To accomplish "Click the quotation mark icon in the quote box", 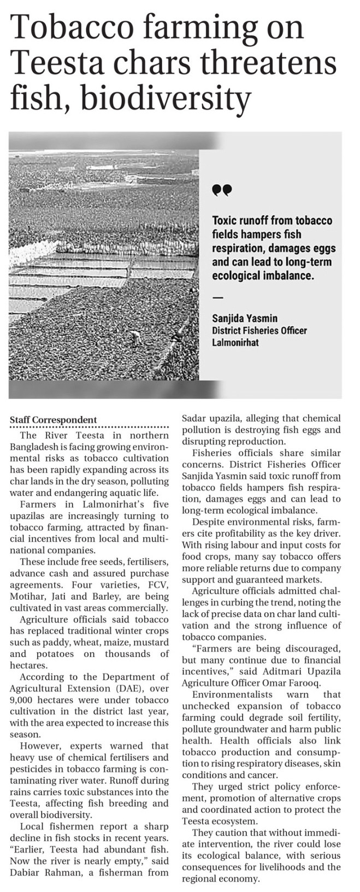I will [x=222, y=190].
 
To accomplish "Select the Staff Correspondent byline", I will [x=53, y=420].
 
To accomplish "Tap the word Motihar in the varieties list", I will [x=27, y=596].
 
